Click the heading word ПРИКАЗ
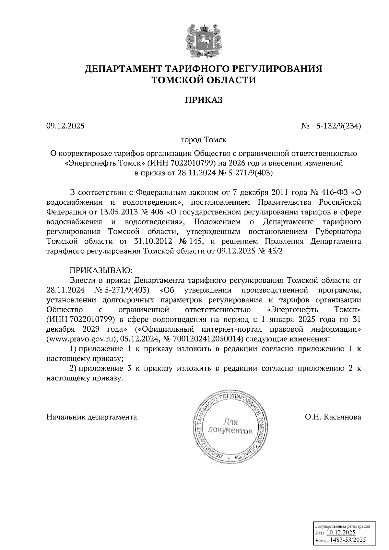pos(204,100)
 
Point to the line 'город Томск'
pos(204,140)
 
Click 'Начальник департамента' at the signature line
pos(92,417)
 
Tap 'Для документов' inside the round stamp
pos(230,427)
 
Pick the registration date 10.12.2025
pos(341,533)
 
